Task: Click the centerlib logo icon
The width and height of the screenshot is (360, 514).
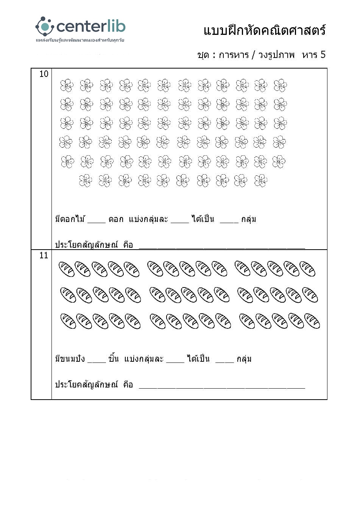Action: (x=45, y=27)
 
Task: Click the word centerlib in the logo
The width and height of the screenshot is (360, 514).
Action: (x=91, y=27)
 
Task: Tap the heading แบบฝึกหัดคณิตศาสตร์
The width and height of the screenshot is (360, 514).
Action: (x=264, y=31)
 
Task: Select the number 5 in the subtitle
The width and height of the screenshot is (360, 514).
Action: (x=323, y=55)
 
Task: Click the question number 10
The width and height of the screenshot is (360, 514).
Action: (x=44, y=74)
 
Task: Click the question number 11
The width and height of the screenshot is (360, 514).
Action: (x=44, y=256)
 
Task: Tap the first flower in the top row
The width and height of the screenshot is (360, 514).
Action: (x=67, y=85)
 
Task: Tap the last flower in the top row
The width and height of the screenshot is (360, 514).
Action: (x=280, y=85)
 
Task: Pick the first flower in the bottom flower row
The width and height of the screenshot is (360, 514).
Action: (x=86, y=181)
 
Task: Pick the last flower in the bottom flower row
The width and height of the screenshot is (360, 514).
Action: (x=260, y=181)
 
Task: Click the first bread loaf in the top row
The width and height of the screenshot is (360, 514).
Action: (x=67, y=269)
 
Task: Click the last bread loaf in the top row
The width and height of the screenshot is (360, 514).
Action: (x=307, y=269)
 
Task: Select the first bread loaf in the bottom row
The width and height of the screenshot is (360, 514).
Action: (x=69, y=321)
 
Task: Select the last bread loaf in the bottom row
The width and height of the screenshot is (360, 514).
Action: (x=312, y=321)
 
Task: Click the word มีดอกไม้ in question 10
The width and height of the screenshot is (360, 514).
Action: (x=70, y=219)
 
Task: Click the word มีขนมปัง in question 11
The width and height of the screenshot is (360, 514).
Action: (x=70, y=359)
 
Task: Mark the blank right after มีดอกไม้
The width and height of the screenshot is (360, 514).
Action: (x=97, y=222)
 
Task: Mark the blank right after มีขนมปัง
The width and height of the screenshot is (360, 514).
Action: (x=97, y=361)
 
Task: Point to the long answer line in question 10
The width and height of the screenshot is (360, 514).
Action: (x=222, y=247)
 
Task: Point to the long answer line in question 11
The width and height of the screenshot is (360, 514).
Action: (x=222, y=387)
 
